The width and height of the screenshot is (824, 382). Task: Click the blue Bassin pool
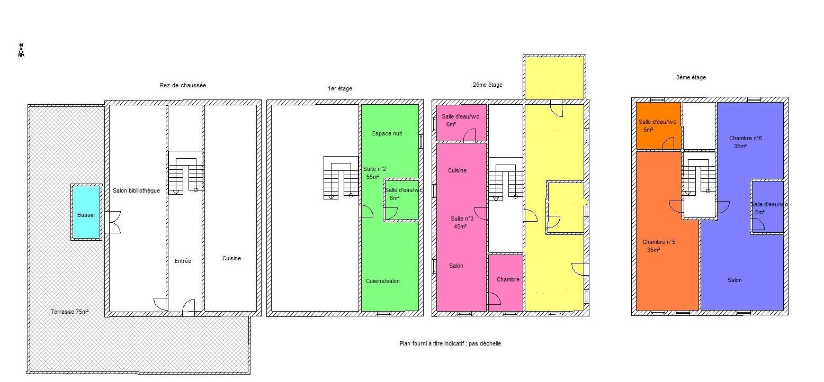pos(86,212)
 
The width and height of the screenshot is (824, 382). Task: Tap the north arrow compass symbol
pos(21,50)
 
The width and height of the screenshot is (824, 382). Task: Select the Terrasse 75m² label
pos(69,312)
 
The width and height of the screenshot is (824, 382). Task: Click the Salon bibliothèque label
pos(136,190)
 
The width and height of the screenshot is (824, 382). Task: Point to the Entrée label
pos(183,261)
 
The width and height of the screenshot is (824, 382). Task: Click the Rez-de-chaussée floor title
pos(183,85)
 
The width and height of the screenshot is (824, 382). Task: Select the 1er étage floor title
pos(340,88)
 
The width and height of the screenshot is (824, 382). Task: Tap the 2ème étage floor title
pos(487,85)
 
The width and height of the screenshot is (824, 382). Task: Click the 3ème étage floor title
pos(691,78)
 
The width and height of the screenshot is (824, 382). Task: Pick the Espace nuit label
pos(387,133)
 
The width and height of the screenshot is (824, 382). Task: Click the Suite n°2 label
pos(374,169)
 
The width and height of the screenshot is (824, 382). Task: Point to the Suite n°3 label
pos(462,219)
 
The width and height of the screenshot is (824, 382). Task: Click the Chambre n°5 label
pos(658,242)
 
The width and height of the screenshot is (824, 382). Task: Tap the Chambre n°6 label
pos(745,138)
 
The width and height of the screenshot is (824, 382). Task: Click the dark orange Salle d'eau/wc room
pos(658,126)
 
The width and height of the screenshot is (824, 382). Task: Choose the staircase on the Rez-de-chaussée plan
pos(185,173)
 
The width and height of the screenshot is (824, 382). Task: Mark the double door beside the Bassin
pos(113,222)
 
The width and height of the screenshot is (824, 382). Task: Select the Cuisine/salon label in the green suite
pos(382,281)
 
